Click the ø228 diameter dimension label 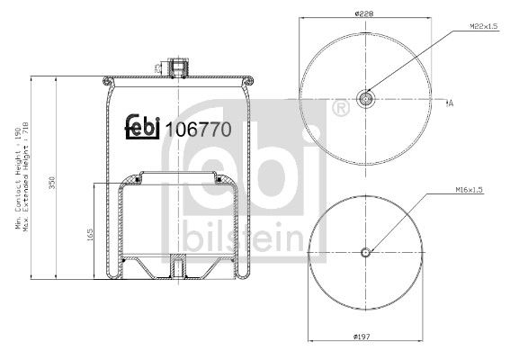tap(363, 13)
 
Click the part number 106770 tap(199, 129)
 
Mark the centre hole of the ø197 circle tap(364, 251)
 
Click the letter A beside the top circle tap(450, 103)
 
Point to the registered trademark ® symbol tap(340, 110)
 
